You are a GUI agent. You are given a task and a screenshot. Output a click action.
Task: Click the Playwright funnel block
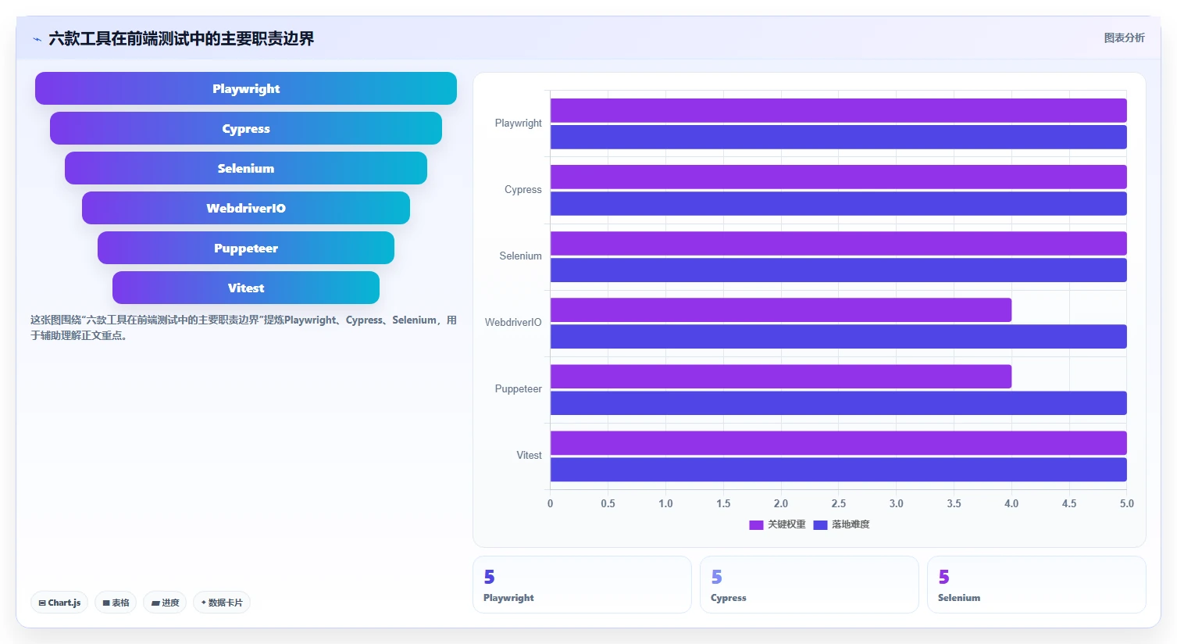pos(246,88)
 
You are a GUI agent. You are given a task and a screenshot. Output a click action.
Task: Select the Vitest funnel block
pos(246,288)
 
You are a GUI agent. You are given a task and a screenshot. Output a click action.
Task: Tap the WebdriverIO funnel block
pos(246,208)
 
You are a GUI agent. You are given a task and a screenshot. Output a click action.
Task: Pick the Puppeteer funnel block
pos(246,248)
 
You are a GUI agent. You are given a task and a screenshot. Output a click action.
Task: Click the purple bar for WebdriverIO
pos(781,309)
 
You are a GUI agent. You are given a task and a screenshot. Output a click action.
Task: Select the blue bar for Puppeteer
pos(839,402)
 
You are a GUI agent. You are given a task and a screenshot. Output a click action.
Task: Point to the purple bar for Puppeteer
pos(781,377)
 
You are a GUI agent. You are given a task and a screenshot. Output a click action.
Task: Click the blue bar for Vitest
pos(839,470)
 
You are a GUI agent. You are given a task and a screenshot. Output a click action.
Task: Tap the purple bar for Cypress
pos(839,177)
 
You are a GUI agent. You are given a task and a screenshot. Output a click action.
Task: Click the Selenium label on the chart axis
pos(520,256)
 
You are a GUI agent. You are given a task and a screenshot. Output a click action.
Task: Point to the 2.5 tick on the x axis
pos(839,503)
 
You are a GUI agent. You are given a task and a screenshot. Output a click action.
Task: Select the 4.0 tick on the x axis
pos(1011,503)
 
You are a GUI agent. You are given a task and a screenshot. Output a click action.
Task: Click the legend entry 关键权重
pos(777,524)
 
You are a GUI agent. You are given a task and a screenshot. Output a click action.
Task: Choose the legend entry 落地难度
pos(841,524)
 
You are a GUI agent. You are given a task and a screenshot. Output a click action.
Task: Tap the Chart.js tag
pos(59,603)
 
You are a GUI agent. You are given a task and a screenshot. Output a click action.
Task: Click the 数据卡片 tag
pos(222,603)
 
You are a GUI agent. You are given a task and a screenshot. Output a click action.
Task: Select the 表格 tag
pos(116,603)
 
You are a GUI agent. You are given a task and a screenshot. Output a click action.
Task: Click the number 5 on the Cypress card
pos(717,577)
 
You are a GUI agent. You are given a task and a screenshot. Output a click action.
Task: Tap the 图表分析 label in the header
pos(1124,38)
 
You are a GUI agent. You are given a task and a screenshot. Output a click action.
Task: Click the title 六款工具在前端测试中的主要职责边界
pos(181,38)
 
